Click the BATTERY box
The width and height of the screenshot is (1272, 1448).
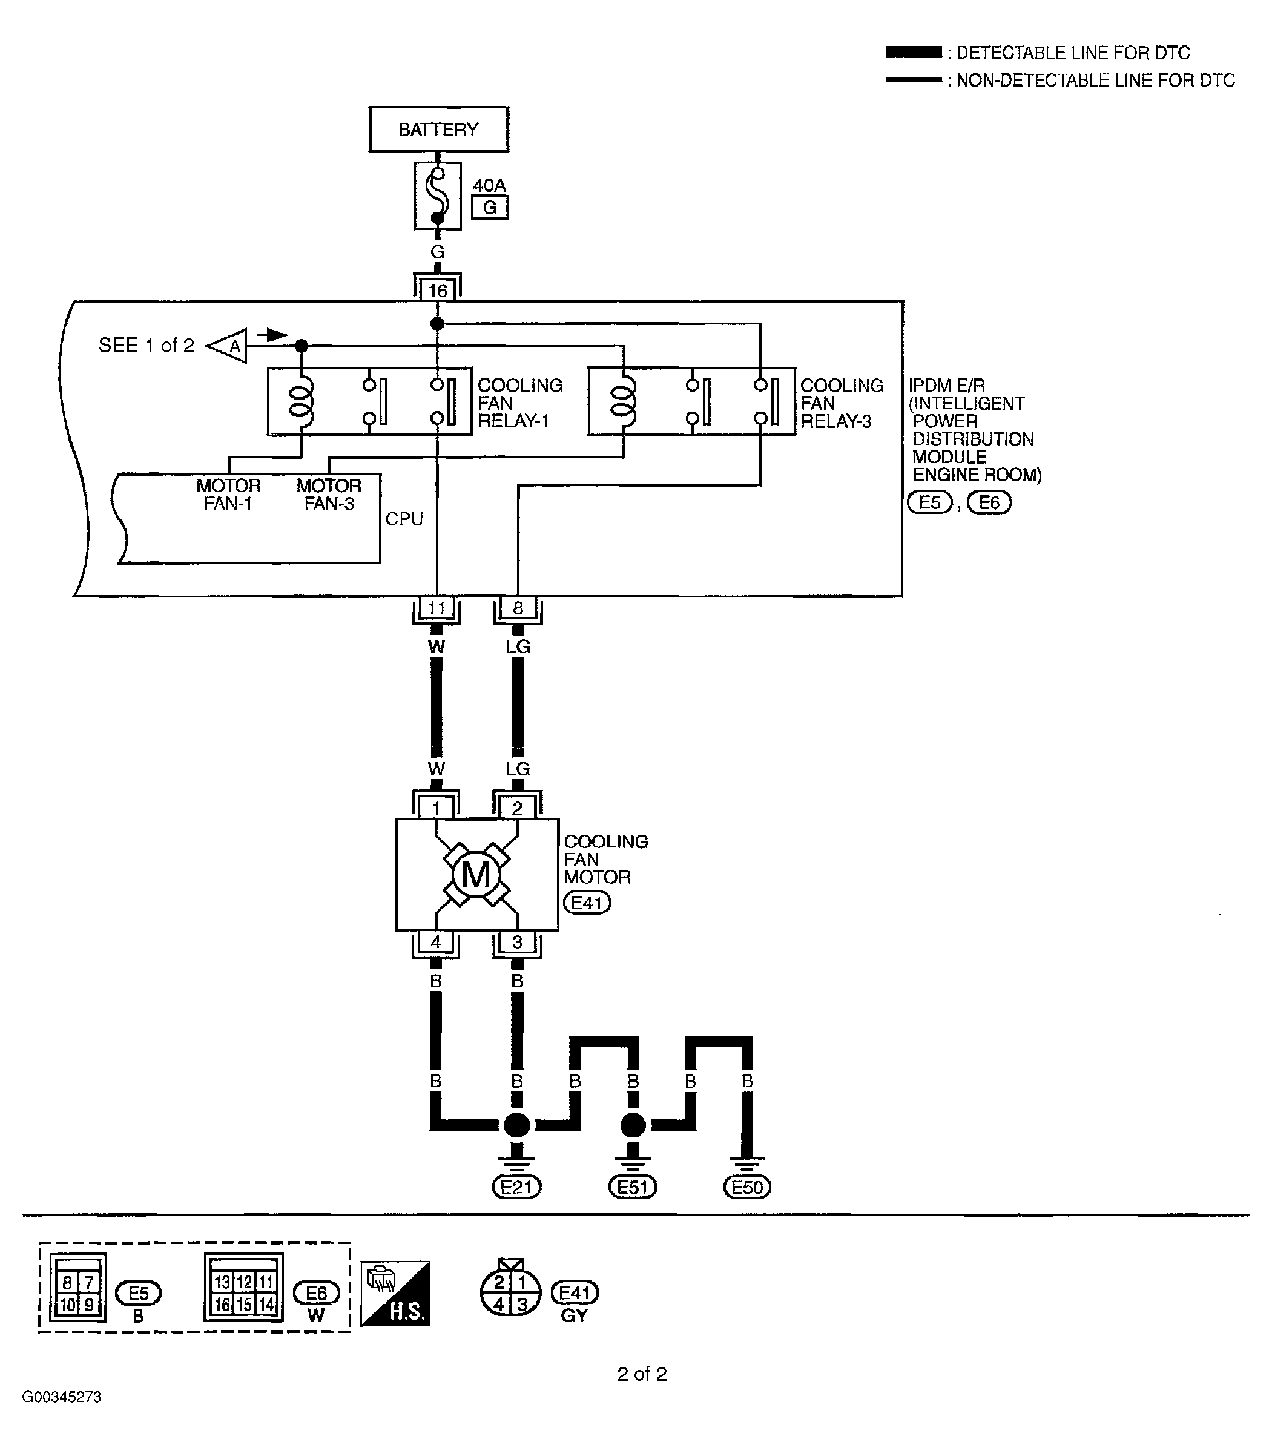coord(438,129)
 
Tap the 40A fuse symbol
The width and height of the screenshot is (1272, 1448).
coord(437,195)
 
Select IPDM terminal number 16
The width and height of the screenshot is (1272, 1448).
coord(437,290)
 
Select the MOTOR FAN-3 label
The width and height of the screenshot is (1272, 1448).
coord(329,495)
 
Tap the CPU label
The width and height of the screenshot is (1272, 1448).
coord(404,519)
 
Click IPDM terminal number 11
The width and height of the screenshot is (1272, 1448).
coord(436,608)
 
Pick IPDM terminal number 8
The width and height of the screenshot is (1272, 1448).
coord(517,608)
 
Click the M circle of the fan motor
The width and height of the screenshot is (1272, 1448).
coord(475,874)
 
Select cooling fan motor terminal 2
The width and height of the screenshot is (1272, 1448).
coord(516,808)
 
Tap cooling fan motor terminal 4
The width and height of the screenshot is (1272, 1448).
coord(435,941)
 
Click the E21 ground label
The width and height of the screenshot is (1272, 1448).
coord(516,1186)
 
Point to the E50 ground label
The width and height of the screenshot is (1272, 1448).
coord(747,1186)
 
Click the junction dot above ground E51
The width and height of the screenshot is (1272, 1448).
coord(632,1124)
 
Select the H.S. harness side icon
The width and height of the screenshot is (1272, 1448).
coord(395,1293)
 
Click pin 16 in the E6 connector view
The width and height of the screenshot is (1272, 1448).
coord(222,1304)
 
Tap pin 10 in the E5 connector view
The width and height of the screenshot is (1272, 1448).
coord(67,1304)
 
